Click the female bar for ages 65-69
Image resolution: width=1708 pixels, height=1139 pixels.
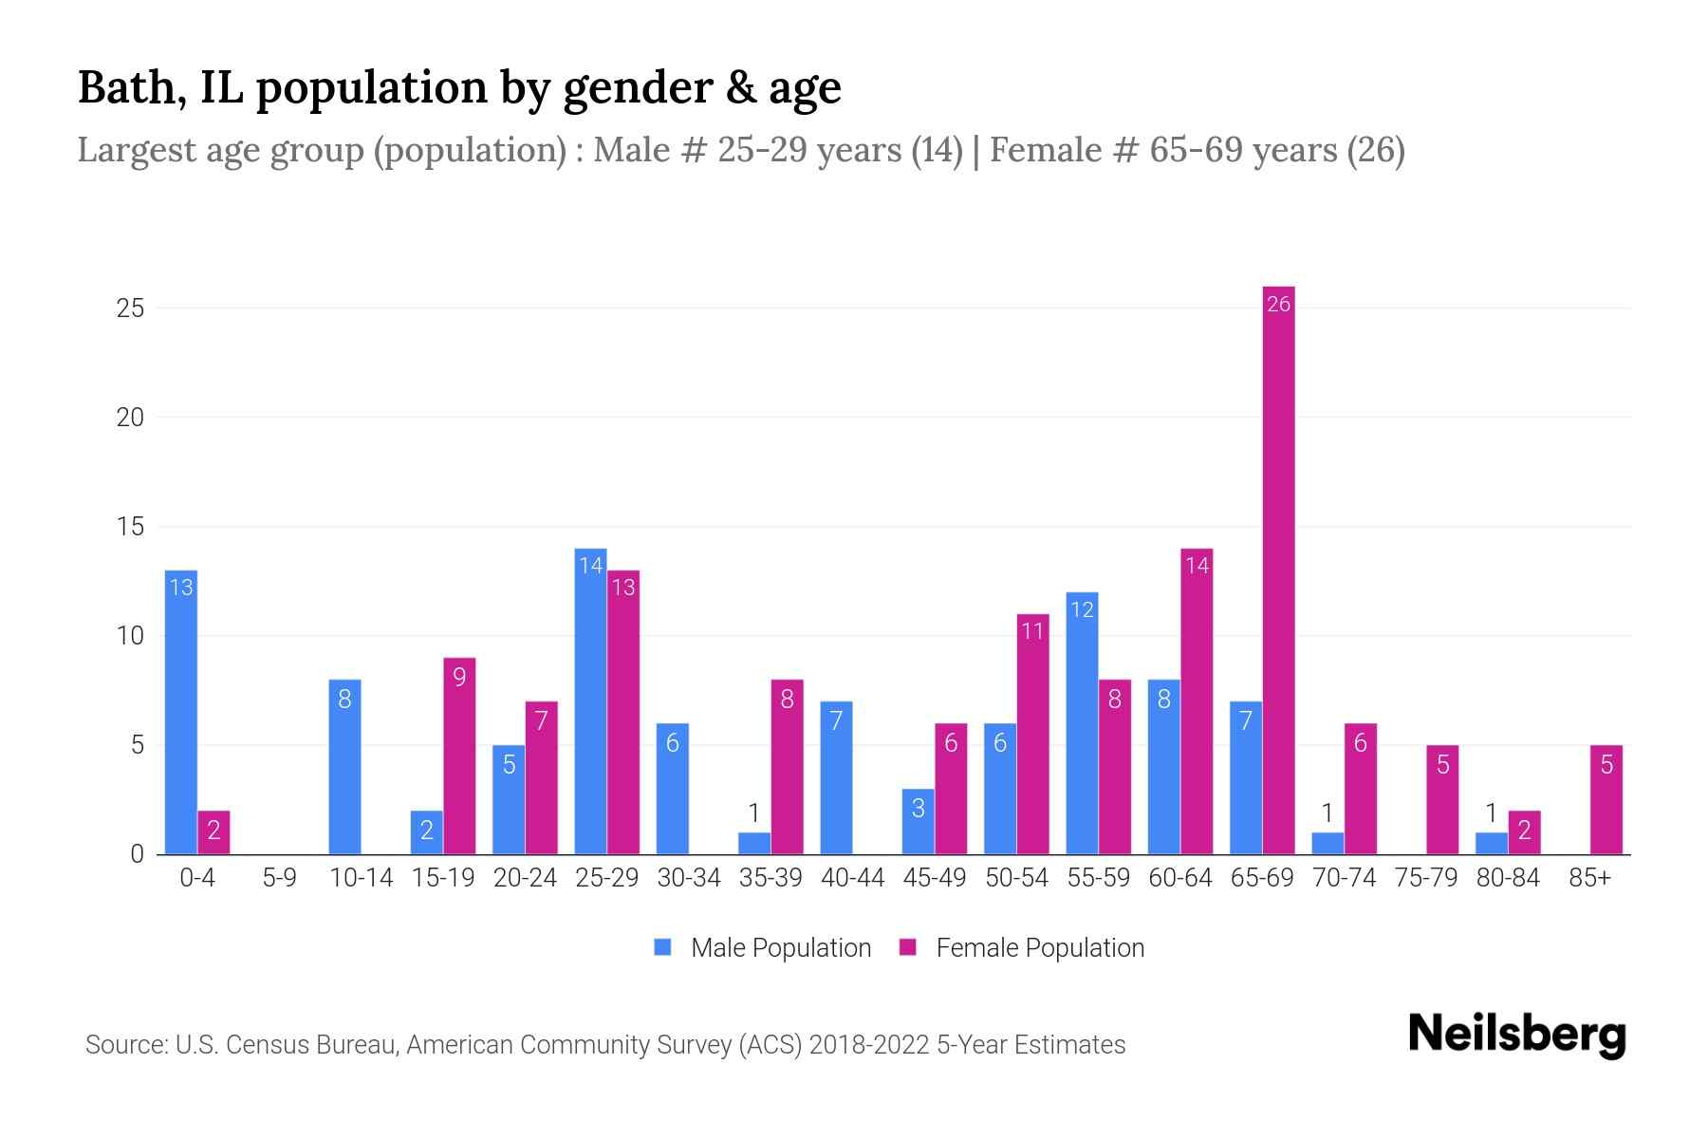1278,569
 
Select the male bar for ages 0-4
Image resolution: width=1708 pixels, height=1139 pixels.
180,712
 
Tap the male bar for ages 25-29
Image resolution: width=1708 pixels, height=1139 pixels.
590,702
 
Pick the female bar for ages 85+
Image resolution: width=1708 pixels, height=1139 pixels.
1606,799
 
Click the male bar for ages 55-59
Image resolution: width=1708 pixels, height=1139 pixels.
1082,723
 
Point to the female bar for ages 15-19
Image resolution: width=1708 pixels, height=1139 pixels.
459,756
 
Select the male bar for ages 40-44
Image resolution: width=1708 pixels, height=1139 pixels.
836,778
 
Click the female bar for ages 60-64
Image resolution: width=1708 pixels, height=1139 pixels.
1197,702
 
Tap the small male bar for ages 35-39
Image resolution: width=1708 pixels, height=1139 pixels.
754,843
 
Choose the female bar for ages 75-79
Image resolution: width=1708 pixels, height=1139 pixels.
1442,799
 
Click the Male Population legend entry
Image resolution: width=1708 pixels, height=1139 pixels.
763,947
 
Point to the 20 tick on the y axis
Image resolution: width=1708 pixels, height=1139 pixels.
130,418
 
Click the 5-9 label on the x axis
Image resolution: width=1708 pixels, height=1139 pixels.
279,878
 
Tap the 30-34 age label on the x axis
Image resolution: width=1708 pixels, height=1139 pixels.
689,878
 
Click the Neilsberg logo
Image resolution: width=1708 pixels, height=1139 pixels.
1516,1035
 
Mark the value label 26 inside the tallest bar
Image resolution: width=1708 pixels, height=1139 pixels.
1278,304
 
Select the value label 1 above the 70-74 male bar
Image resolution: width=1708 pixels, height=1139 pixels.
1327,813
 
